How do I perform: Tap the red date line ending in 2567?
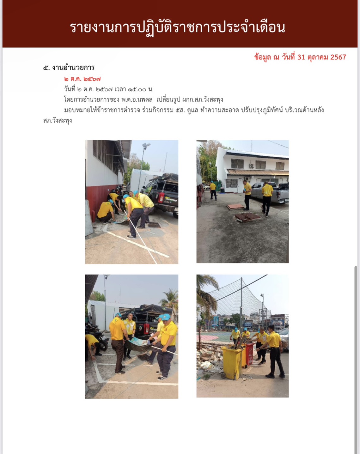point(300,57)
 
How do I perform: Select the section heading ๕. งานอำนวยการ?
point(69,68)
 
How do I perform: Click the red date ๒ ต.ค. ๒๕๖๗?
point(82,79)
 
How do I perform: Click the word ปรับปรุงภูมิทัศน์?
point(262,110)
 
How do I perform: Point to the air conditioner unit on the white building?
point(252,165)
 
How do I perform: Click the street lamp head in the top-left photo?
point(146,145)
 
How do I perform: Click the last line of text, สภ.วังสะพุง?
point(58,121)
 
